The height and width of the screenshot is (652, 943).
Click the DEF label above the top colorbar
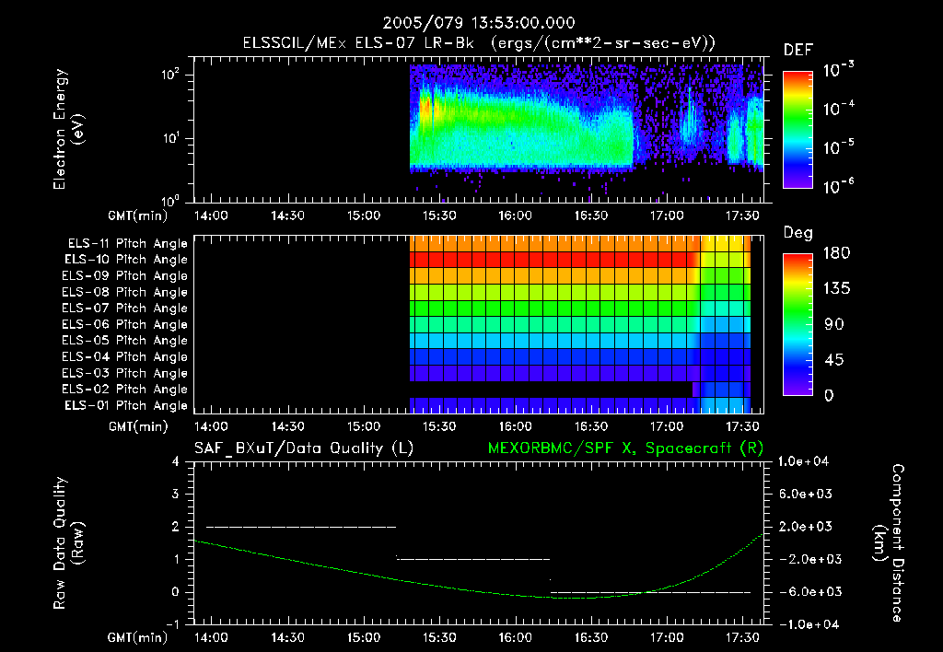coord(797,51)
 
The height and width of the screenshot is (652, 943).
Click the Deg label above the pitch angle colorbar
coord(797,233)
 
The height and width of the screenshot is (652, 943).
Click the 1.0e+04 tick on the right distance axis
coord(807,461)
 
